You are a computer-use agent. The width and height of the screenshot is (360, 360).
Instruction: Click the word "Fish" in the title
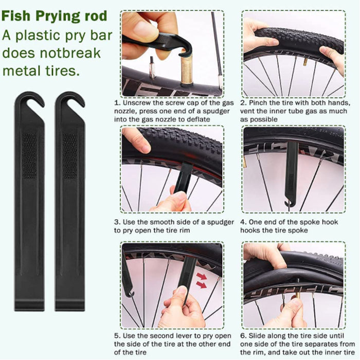[x=16, y=16]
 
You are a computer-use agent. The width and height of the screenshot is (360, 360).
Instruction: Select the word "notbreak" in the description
[x=70, y=53]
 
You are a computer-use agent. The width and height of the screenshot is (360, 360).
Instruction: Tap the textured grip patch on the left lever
[x=30, y=156]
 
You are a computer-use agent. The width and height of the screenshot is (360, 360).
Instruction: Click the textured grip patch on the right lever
[x=70, y=156]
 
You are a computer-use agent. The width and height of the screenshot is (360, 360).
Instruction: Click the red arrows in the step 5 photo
[x=202, y=280]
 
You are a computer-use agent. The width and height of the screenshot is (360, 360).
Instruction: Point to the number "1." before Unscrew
[x=117, y=103]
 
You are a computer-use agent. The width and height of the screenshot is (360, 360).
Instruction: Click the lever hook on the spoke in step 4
[x=288, y=203]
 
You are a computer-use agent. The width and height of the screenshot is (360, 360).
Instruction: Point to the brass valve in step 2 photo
[x=305, y=62]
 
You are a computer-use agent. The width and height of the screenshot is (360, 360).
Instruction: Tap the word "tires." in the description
[x=62, y=71]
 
